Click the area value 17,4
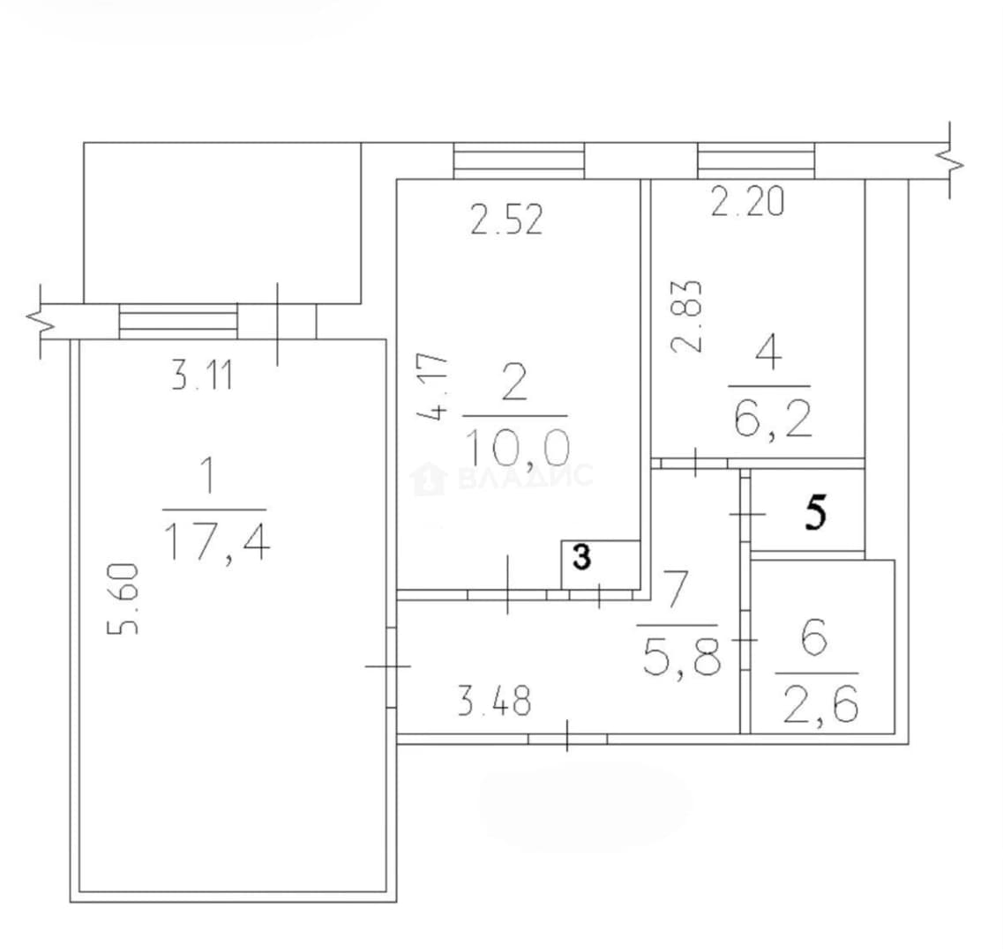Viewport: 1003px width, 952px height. pos(217,541)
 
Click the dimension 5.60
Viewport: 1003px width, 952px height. pos(124,599)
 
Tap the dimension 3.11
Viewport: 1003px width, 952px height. pos(201,376)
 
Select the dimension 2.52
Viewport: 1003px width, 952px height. pos(506,219)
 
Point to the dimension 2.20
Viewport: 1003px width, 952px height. pos(747,201)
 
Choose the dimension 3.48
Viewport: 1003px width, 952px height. pos(495,701)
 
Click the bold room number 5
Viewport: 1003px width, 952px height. pos(816,513)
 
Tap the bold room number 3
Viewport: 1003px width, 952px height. pos(581,557)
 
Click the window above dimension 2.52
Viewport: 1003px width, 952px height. pos(519,160)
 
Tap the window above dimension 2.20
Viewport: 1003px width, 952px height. pos(756,160)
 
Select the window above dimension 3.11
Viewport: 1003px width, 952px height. pos(178,321)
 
